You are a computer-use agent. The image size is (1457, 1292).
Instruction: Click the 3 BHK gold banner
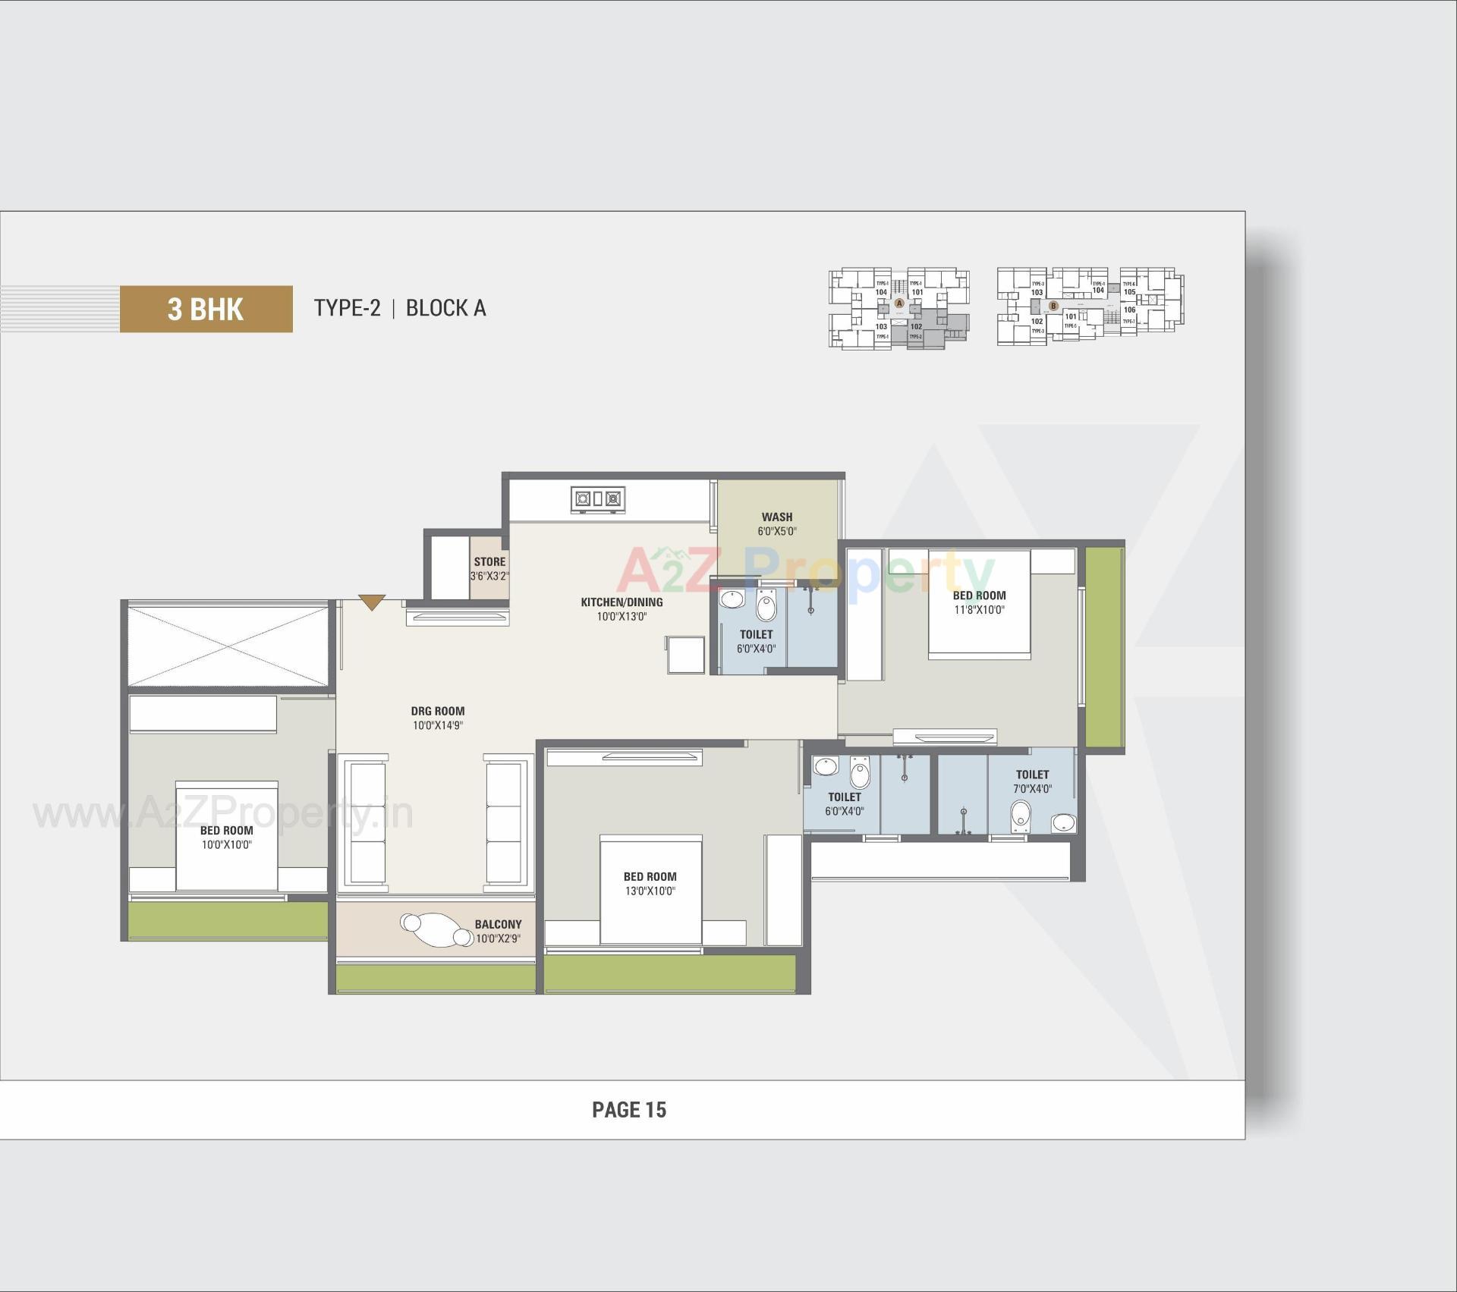click(x=206, y=309)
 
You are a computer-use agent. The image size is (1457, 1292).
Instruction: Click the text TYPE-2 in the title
click(x=347, y=308)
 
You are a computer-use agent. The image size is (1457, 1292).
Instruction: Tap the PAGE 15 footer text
click(x=628, y=1110)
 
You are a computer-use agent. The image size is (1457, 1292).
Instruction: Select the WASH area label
click(x=776, y=517)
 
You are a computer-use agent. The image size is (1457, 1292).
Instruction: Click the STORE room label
click(x=489, y=561)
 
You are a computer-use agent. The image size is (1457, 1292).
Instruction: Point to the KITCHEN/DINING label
click(x=622, y=602)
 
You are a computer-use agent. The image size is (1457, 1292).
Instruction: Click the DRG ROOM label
click(x=437, y=711)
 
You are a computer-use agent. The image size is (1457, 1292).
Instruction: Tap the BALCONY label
click(x=498, y=924)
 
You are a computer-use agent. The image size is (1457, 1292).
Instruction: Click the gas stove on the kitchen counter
click(x=597, y=499)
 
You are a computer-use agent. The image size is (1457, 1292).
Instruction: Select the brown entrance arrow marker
click(x=372, y=602)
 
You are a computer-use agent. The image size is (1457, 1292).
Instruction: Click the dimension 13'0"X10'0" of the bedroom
click(x=650, y=891)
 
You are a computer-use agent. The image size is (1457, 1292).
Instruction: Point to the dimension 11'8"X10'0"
click(x=979, y=609)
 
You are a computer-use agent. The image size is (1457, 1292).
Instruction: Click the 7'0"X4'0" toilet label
click(x=1032, y=788)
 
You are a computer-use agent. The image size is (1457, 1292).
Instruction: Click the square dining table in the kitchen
click(x=686, y=655)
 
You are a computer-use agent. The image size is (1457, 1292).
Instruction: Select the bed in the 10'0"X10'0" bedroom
click(x=226, y=835)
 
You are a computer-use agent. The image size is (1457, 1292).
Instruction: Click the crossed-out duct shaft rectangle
click(x=228, y=645)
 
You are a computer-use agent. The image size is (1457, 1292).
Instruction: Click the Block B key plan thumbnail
click(x=1090, y=306)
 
